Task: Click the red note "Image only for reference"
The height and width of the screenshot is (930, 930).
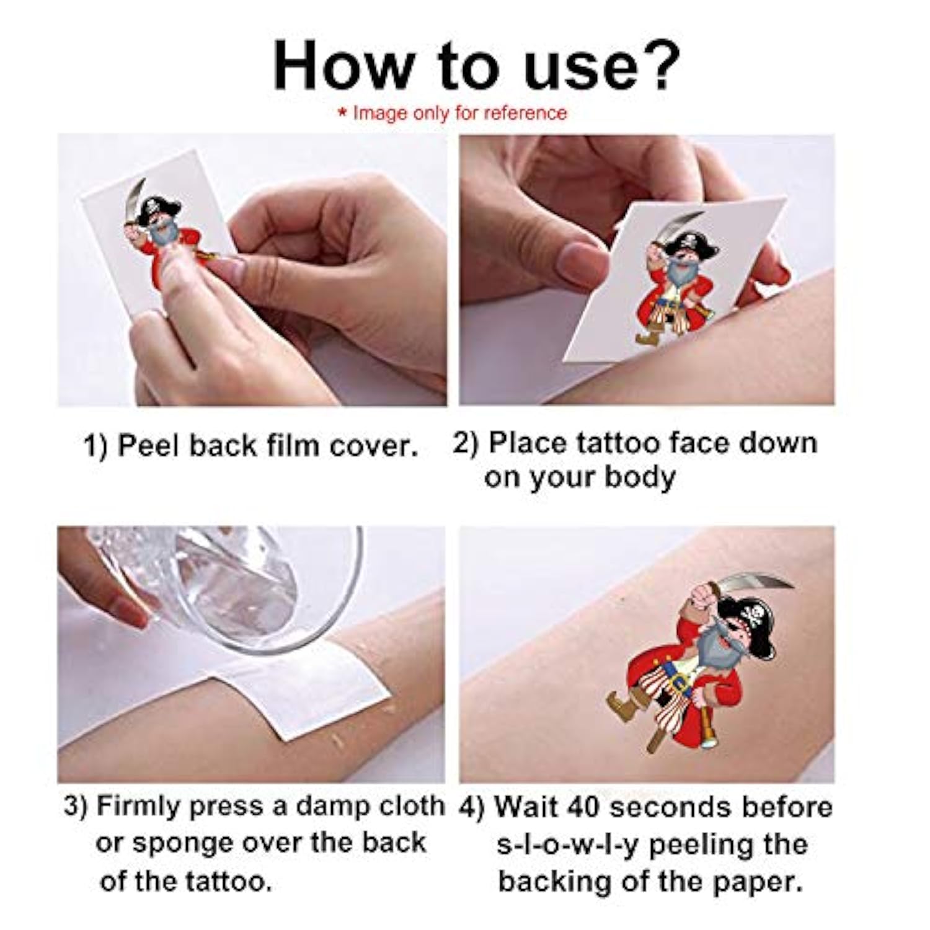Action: click(x=453, y=113)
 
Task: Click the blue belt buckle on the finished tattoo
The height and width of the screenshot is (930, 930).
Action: click(x=682, y=685)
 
